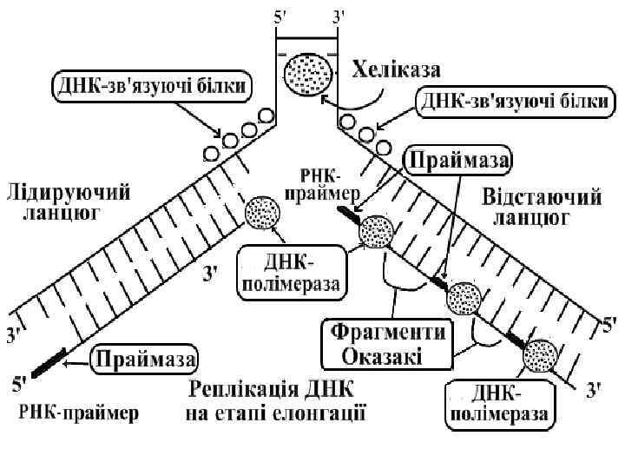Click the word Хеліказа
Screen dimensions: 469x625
coord(396,67)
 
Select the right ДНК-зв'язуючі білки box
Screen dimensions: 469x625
coord(514,102)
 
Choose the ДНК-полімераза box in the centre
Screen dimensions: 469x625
coord(288,272)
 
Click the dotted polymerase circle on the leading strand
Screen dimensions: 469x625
coord(261,213)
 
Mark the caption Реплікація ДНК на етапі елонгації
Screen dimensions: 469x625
coord(276,399)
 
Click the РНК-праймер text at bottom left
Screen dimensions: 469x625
coord(77,411)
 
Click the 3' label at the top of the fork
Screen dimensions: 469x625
coord(339,16)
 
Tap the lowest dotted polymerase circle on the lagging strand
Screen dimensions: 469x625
coord(540,354)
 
